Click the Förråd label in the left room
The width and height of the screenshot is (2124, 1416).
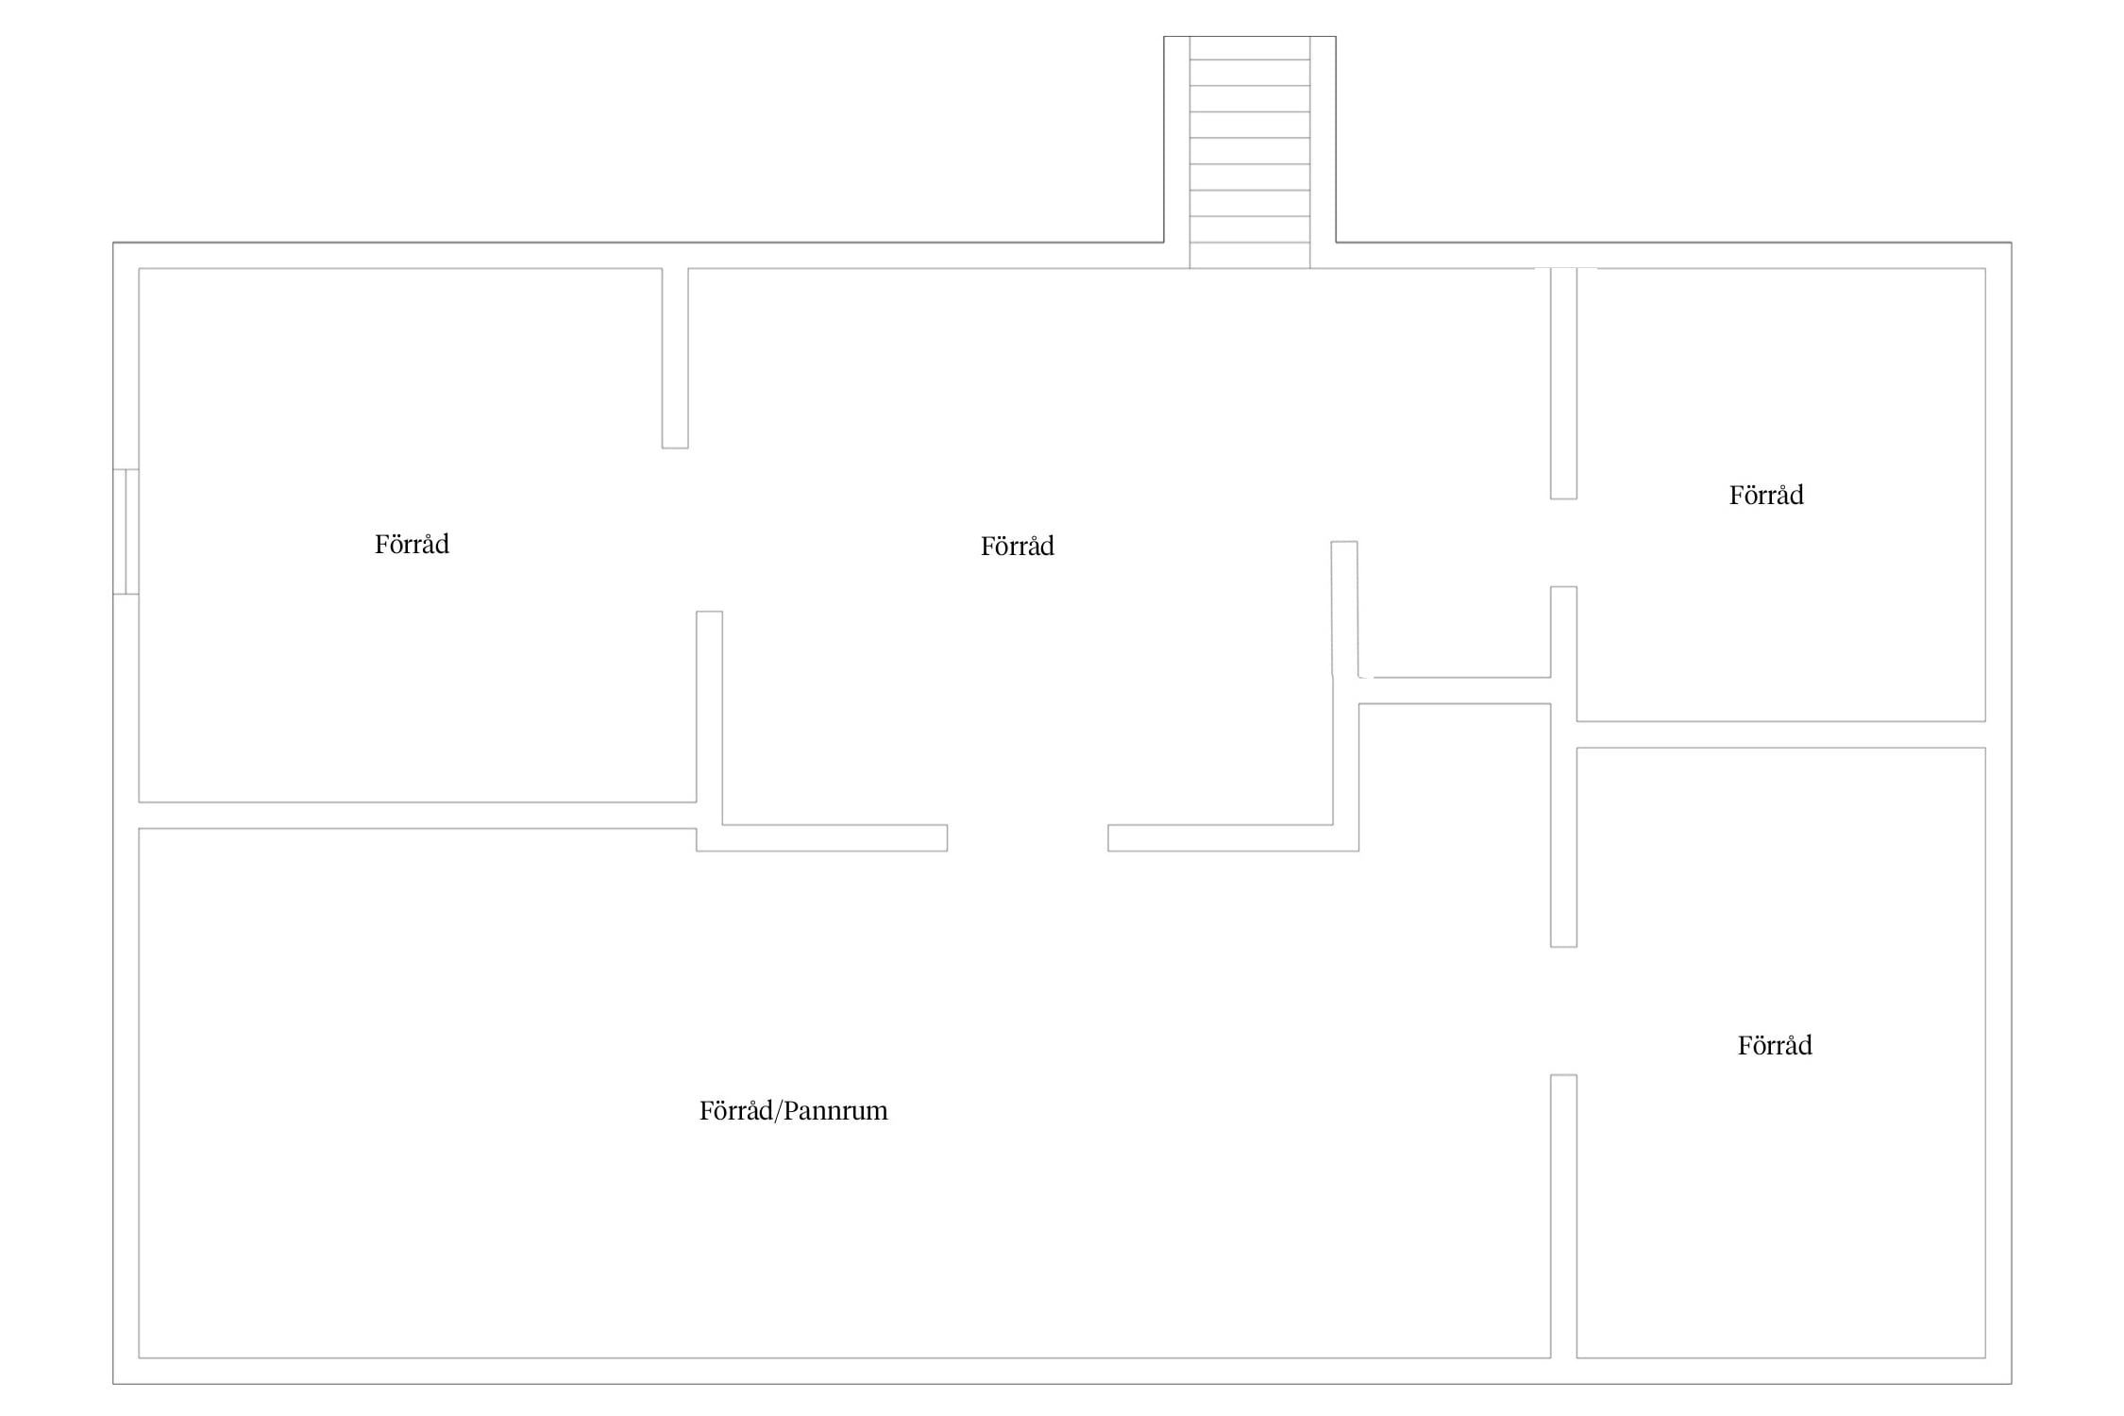[412, 545]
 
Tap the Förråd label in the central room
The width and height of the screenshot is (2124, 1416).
[1017, 547]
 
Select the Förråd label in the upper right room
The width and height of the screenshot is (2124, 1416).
[1766, 496]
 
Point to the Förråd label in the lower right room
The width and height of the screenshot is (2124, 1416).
[1775, 1046]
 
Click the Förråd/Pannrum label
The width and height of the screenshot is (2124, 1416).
[793, 1111]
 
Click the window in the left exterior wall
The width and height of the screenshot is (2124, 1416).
[126, 531]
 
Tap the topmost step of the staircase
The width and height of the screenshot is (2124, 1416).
[1249, 48]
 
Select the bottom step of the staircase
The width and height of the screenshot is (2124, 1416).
[1249, 255]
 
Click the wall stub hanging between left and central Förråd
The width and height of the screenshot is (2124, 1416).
[675, 359]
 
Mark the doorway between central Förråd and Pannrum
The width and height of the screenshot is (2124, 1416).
[1028, 838]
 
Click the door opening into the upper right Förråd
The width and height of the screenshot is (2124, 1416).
[1563, 543]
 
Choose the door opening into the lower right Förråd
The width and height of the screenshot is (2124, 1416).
[1563, 1011]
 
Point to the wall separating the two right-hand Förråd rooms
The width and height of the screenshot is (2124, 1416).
[1780, 734]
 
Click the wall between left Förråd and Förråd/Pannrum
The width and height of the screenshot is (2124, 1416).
[417, 816]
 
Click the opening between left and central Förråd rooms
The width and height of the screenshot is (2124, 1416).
[692, 530]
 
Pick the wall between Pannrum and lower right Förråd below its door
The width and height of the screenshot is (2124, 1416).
[1563, 1217]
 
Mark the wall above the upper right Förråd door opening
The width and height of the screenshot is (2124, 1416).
[1563, 383]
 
